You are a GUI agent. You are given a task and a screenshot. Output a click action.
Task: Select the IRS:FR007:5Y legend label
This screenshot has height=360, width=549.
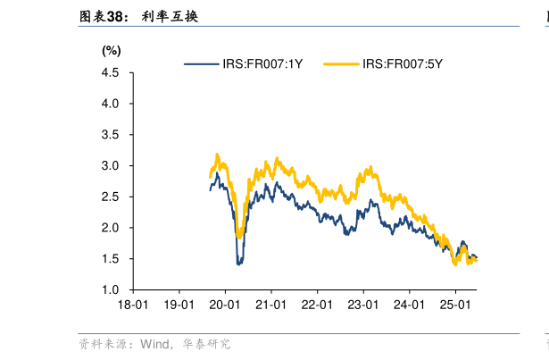(x=403, y=63)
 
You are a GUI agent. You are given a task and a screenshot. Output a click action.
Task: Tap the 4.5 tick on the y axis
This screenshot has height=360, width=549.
(x=111, y=73)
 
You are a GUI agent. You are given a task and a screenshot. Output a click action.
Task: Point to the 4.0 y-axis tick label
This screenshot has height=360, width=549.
(x=111, y=104)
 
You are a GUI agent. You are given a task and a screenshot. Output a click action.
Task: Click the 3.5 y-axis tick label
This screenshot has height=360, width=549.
(x=111, y=135)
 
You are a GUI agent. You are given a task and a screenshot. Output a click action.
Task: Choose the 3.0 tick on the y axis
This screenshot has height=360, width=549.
(x=111, y=166)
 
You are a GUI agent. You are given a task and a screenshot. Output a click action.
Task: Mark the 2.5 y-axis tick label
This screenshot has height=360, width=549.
(x=111, y=197)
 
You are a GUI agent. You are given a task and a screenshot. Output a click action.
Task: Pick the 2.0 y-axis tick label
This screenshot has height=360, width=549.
(x=111, y=228)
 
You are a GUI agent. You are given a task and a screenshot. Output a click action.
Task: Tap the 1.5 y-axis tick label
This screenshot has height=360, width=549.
(x=111, y=259)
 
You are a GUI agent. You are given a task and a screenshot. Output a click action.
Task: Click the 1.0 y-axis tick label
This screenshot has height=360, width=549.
(x=111, y=289)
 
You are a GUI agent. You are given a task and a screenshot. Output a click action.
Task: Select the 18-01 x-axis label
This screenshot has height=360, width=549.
(x=132, y=305)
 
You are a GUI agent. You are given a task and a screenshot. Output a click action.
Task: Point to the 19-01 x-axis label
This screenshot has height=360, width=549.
(x=178, y=305)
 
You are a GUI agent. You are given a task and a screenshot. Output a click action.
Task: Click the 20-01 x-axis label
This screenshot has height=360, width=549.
(x=224, y=305)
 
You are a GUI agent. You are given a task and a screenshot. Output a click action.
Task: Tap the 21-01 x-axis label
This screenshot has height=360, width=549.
(x=270, y=305)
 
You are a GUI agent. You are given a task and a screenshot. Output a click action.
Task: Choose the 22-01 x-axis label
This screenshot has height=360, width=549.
(x=316, y=305)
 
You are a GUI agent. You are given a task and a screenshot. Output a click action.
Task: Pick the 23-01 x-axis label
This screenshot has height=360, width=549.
(x=362, y=305)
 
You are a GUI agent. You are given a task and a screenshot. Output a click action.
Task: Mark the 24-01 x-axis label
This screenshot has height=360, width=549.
(x=408, y=305)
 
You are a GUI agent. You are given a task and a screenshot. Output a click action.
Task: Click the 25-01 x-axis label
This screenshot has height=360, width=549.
(x=454, y=305)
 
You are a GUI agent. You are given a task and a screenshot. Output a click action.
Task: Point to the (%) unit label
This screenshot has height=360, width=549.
(x=112, y=51)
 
